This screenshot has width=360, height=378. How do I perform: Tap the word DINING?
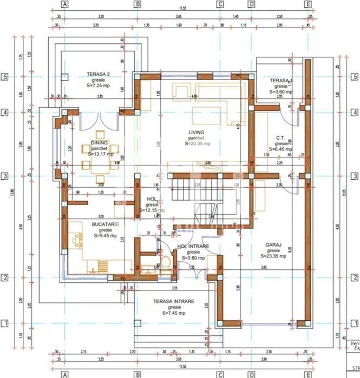coord(99,143)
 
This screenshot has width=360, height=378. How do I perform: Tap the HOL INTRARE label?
coord(193,246)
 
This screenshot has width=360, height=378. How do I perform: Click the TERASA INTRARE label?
coord(173,301)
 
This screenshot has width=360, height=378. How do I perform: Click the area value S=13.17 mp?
coord(100,154)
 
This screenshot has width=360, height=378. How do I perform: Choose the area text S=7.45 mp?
coord(173,313)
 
